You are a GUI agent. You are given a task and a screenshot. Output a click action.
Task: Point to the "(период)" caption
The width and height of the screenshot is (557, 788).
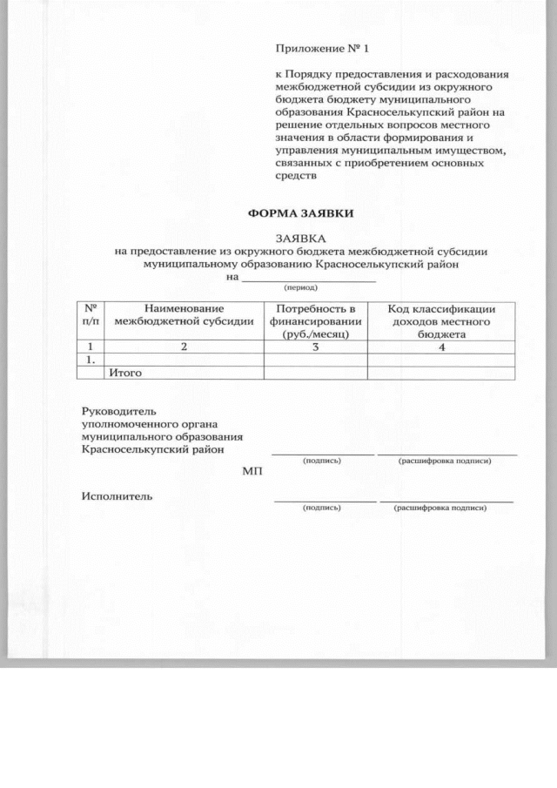(300, 286)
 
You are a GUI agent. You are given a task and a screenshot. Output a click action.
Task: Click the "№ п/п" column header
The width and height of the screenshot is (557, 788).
(90, 315)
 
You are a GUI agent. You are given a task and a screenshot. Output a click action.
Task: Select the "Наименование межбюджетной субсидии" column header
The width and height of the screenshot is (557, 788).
(185, 315)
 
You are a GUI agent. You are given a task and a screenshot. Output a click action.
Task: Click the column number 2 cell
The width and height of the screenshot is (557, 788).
(184, 347)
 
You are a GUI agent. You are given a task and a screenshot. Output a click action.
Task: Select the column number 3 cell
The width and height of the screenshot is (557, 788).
(315, 347)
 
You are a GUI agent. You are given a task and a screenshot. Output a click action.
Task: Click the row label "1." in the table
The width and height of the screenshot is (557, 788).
(86, 359)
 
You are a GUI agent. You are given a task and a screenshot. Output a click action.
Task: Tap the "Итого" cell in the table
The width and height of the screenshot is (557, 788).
(125, 373)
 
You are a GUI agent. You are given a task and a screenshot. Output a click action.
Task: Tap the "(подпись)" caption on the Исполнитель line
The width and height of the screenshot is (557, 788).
(321, 507)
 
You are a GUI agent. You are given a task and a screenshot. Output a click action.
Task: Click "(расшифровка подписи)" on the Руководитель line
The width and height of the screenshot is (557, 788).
(444, 461)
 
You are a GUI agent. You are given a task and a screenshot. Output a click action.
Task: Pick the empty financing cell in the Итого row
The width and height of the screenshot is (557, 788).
(315, 373)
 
